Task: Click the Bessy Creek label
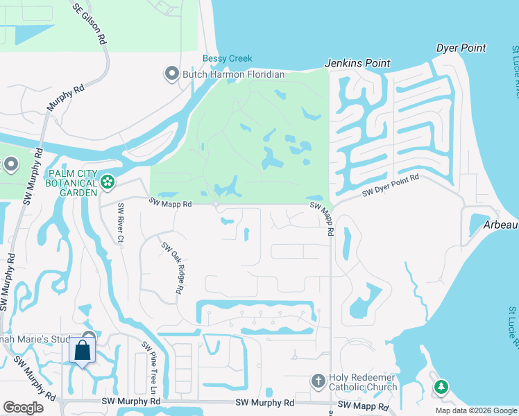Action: [x=227, y=59]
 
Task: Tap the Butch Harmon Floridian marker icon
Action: [x=171, y=73]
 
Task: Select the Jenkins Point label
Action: [x=358, y=63]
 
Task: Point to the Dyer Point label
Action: [x=461, y=48]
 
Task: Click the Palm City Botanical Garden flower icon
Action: [x=107, y=182]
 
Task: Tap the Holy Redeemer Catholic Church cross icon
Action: [x=318, y=381]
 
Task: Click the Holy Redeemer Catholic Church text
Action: [x=362, y=381]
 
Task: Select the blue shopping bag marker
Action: [x=83, y=351]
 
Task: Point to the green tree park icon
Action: [x=440, y=387]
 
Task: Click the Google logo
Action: [x=23, y=408]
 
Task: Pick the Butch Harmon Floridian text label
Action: [x=233, y=74]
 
